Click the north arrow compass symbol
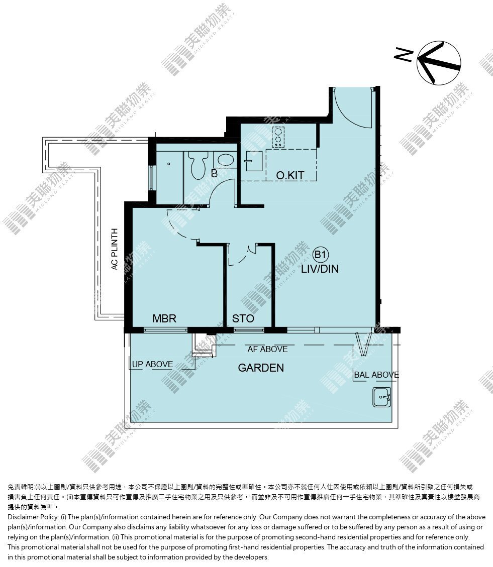pos(439,63)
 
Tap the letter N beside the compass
pos(404,55)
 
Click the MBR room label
pos(164,318)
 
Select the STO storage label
pos(243,318)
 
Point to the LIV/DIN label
pos(320,269)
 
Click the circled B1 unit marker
pos(320,255)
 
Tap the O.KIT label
pos(290,175)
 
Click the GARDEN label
pos(261,368)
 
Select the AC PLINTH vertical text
pos(115,249)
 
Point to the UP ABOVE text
pos(152,364)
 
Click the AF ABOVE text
pos(267,349)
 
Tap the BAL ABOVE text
pos(376,375)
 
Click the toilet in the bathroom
pos(198,165)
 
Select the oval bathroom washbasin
pos(225,160)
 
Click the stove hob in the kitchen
pos(278,137)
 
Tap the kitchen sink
pos(253,161)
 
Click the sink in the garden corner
pos(382,397)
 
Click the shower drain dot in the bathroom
pos(169,164)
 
